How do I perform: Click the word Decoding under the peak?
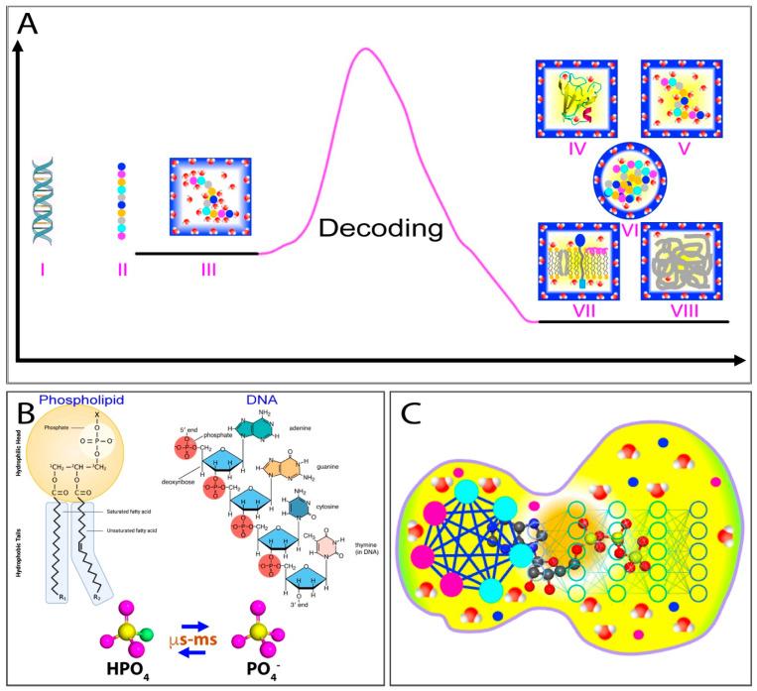point(380,230)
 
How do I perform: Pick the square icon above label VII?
point(575,261)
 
